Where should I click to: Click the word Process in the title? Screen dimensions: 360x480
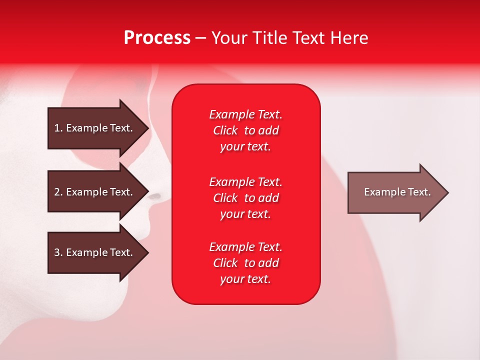(x=157, y=38)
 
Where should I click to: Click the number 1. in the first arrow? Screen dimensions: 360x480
(x=58, y=128)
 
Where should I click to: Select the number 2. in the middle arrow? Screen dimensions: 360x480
(x=58, y=192)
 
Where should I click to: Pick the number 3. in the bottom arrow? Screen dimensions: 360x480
(x=58, y=252)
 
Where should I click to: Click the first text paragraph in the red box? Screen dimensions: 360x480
(x=245, y=130)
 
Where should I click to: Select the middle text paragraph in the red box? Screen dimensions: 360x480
(x=245, y=198)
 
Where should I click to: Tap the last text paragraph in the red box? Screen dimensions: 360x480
(x=245, y=263)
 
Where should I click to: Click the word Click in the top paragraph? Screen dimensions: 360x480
(x=225, y=130)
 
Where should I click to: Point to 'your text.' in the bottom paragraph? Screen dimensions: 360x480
(x=245, y=279)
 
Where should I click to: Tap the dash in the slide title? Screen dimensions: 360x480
(x=200, y=38)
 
